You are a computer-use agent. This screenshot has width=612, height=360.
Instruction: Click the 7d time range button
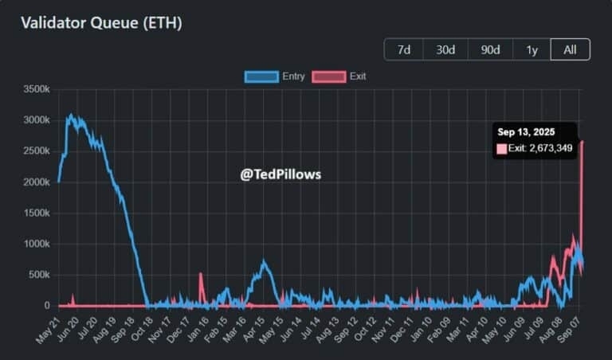404,49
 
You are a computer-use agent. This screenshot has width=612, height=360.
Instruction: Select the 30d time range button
445,49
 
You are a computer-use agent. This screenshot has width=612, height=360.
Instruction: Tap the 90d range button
490,49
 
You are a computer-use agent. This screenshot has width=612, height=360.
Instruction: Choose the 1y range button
532,49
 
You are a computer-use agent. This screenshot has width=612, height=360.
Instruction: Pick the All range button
570,49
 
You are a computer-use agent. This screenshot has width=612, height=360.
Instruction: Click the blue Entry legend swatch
261,76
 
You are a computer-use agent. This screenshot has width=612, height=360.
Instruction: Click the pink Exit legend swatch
328,76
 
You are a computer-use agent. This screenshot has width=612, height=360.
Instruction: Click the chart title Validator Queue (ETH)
101,22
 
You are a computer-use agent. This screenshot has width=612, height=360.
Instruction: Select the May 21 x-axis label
49,327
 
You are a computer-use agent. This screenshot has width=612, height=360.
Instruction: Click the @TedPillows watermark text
280,174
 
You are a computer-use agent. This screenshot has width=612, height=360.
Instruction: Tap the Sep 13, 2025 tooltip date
526,132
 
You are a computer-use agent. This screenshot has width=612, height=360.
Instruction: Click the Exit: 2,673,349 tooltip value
540,149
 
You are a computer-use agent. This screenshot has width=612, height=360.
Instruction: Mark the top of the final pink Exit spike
582,142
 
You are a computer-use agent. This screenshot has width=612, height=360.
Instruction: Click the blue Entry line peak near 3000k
72,115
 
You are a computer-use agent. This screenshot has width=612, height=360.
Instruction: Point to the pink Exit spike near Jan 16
200,275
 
